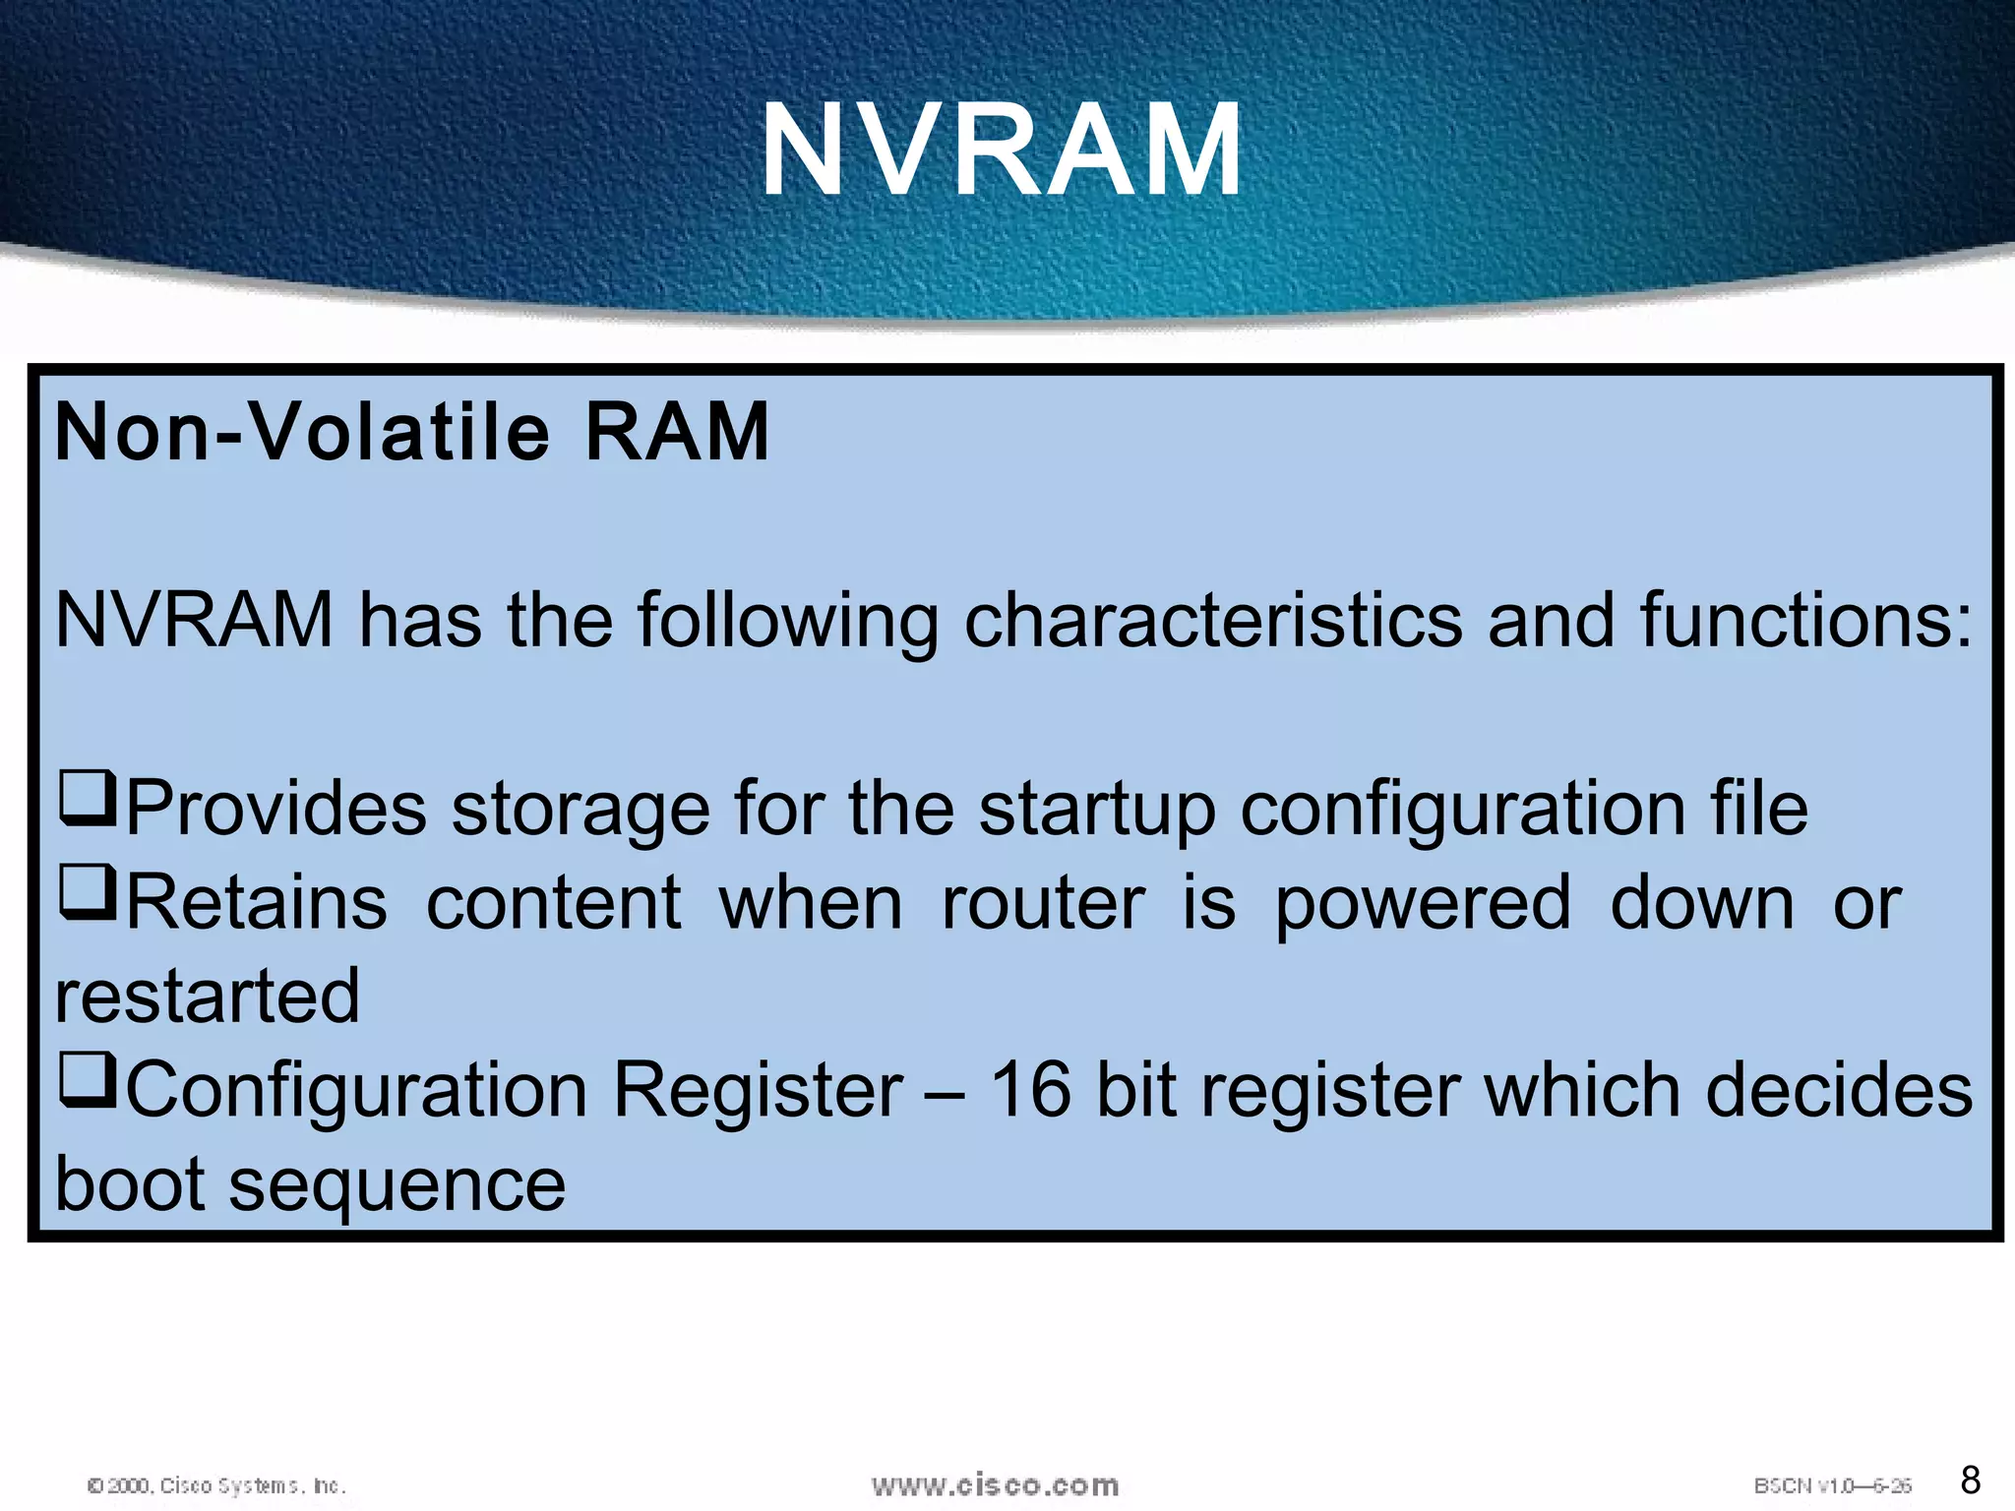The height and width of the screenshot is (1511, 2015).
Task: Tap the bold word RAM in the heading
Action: (x=677, y=433)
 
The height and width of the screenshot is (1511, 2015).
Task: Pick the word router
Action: (x=1043, y=903)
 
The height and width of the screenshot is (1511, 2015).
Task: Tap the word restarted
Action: (x=208, y=996)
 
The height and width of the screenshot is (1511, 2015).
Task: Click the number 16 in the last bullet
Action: (x=1030, y=1090)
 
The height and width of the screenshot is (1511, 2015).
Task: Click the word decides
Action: (x=1838, y=1090)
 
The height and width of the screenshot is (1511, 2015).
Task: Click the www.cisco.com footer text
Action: (x=995, y=1484)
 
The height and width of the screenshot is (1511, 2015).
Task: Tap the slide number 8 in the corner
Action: (x=1970, y=1480)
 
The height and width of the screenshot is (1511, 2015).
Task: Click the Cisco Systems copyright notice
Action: (x=216, y=1485)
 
